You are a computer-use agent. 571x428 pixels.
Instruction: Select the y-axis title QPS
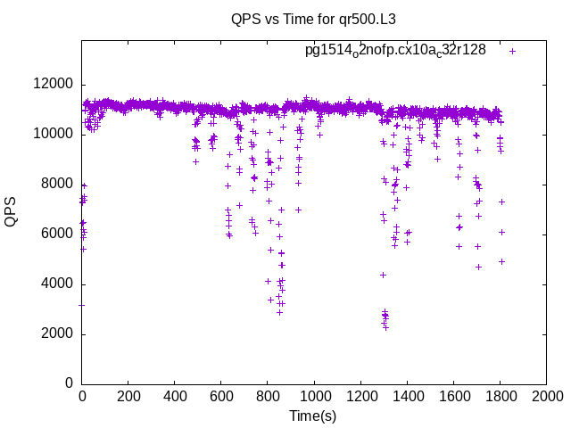coord(12,211)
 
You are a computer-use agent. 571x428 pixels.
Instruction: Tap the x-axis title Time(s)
coord(312,416)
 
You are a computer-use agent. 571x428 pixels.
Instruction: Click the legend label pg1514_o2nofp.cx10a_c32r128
coord(395,51)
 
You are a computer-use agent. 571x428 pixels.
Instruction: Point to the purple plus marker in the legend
coord(513,51)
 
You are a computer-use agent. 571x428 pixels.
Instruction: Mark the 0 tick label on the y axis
coord(69,384)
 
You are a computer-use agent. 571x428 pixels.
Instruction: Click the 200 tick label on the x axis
coord(128,398)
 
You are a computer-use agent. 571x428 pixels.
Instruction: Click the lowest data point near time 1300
coord(386,327)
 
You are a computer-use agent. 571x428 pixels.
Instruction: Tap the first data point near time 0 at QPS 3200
coord(82,305)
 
